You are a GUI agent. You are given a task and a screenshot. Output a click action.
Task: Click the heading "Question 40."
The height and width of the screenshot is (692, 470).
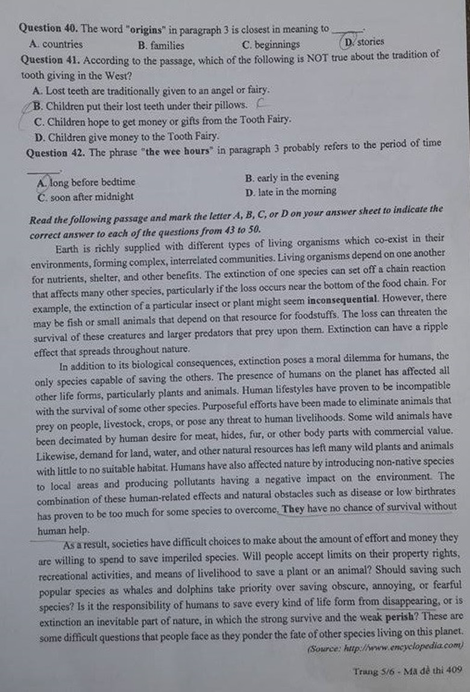[x=48, y=28]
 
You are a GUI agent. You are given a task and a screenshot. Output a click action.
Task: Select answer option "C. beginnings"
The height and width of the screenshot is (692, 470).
[x=271, y=45]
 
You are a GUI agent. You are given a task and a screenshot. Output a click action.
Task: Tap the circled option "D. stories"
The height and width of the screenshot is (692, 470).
[x=363, y=42]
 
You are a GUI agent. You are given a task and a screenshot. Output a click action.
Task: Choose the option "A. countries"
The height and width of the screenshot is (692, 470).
[x=55, y=44]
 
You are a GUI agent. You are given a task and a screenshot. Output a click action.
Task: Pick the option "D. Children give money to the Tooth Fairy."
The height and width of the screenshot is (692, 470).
[x=127, y=137]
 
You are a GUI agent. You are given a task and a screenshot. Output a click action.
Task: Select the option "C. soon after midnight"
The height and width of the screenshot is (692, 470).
[x=85, y=197]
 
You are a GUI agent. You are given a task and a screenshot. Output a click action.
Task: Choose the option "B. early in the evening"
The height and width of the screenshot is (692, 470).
[x=292, y=177]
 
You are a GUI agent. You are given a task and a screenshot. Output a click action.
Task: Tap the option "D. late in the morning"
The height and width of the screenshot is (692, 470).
[x=291, y=192]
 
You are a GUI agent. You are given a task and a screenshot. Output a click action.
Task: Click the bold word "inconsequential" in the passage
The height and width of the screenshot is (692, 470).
[x=343, y=299]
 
